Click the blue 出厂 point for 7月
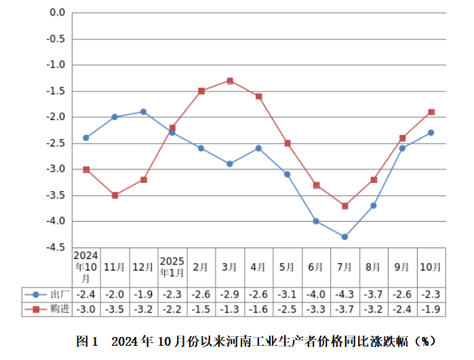[344, 237]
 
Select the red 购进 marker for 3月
[230, 81]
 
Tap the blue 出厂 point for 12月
[144, 111]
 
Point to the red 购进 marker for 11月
[115, 195]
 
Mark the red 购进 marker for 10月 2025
[431, 112]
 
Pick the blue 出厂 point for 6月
[316, 221]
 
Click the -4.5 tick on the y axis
[56, 247]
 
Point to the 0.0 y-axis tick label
[58, 12]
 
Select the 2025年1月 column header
[172, 267]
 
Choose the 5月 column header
[287, 267]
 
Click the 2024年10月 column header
[86, 267]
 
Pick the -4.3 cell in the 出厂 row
[344, 294]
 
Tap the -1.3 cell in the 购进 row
[230, 309]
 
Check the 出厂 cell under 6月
[316, 294]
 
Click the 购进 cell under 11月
[115, 309]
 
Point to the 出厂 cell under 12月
[144, 294]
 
